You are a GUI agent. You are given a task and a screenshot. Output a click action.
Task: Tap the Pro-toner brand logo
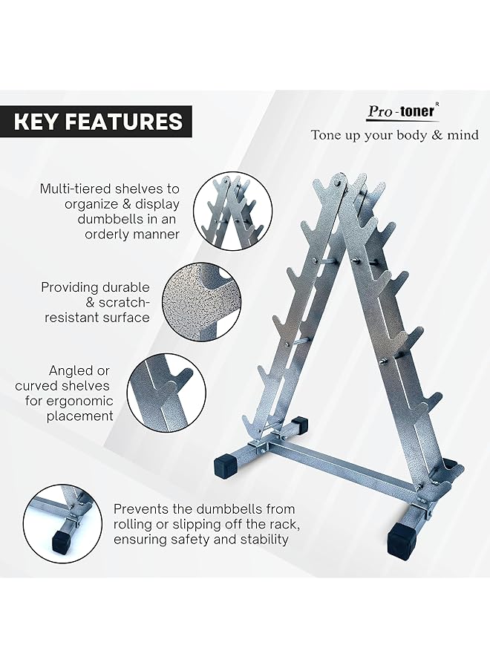(x=402, y=111)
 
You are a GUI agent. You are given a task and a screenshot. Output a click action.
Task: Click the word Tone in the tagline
(x=327, y=135)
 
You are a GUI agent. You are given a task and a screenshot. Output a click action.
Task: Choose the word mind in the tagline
(x=460, y=135)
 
